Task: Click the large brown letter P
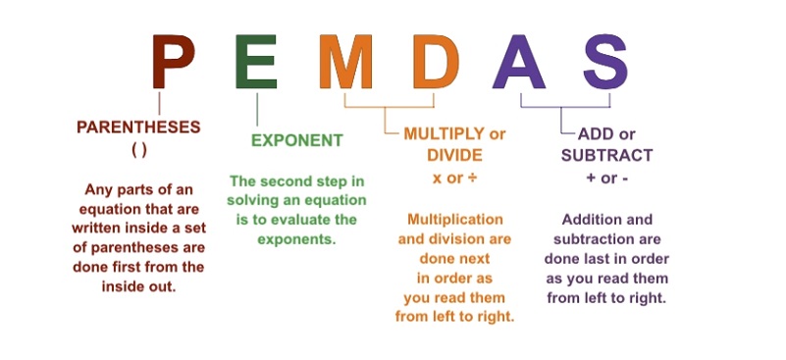pyautogui.click(x=173, y=61)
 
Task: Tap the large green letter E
pyautogui.click(x=256, y=61)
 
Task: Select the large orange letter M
pyautogui.click(x=345, y=61)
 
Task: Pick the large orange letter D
pyautogui.click(x=436, y=61)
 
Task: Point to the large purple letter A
pyautogui.click(x=519, y=61)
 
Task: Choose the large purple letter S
pyautogui.click(x=605, y=61)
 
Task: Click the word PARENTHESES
pyautogui.click(x=138, y=128)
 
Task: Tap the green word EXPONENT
pyautogui.click(x=297, y=140)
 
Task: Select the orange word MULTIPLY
pyautogui.click(x=438, y=133)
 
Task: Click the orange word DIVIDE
pyautogui.click(x=454, y=155)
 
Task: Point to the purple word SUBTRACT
pyautogui.click(x=607, y=155)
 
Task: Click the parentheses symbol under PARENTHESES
pyautogui.click(x=139, y=150)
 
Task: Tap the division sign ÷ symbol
pyautogui.click(x=471, y=178)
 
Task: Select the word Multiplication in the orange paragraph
pyautogui.click(x=455, y=219)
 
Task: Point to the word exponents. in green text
pyautogui.click(x=296, y=239)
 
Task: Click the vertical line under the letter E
pyautogui.click(x=257, y=109)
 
